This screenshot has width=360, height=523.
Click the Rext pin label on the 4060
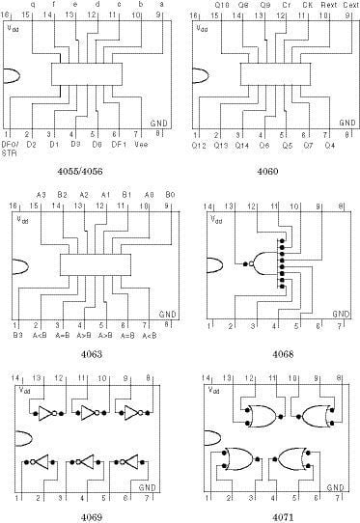pos(329,5)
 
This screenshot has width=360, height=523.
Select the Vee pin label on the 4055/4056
pos(140,145)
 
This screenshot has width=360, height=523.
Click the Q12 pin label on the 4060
pos(200,145)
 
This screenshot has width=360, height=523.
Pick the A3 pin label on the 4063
pos(42,194)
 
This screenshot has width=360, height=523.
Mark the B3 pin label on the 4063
pos(17,335)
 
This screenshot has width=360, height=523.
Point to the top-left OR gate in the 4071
pos(257,415)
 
